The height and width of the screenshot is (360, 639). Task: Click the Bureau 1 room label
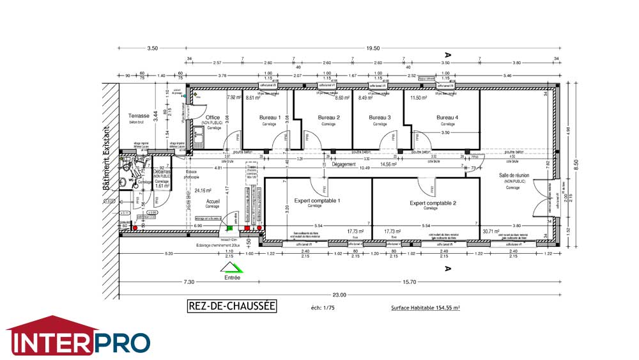[x=270, y=118]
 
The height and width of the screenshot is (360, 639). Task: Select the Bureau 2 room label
[x=328, y=118]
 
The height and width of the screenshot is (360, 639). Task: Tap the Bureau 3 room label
[x=380, y=118]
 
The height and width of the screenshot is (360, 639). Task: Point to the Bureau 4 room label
[x=447, y=118]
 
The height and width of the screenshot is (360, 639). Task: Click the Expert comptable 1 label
[x=317, y=201]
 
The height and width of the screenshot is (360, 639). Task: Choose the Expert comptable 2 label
[x=433, y=203]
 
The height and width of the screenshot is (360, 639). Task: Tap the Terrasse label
[x=138, y=116]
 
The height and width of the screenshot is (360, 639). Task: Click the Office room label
[x=213, y=118]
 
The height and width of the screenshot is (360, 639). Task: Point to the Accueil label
[x=213, y=201]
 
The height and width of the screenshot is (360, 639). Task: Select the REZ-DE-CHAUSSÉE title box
[x=231, y=306]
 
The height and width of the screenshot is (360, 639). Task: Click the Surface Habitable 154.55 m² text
[x=426, y=308]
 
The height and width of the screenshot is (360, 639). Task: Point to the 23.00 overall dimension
[x=338, y=295]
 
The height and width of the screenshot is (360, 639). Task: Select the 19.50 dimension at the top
[x=373, y=48]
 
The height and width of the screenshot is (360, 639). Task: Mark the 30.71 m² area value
[x=491, y=231]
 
